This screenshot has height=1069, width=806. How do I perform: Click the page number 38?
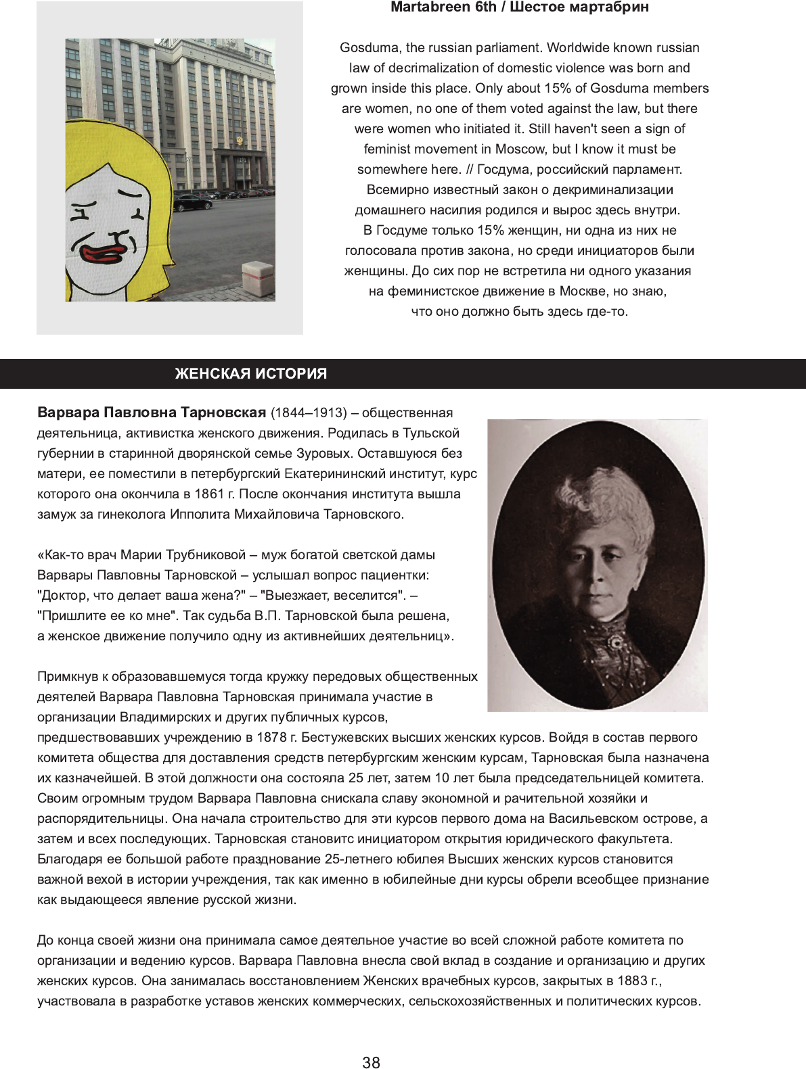tap(371, 1062)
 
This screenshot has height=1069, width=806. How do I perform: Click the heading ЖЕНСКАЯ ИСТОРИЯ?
tap(250, 374)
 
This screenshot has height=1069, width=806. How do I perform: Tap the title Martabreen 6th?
tap(443, 7)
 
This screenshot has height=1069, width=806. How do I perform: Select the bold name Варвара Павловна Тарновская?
tap(152, 412)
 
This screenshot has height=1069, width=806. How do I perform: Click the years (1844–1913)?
tap(309, 412)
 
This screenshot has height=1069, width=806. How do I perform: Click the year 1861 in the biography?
tap(208, 494)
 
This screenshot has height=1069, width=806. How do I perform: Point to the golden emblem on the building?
tap(239, 141)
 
